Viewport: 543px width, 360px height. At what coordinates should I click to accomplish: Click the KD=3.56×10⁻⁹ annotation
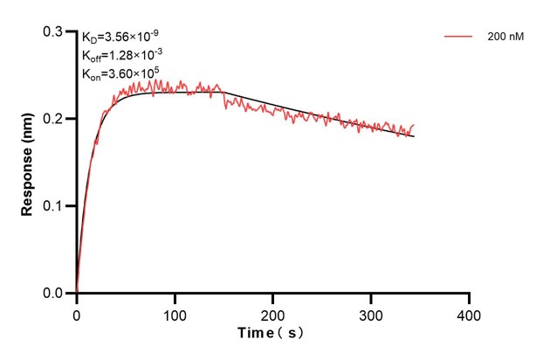120,38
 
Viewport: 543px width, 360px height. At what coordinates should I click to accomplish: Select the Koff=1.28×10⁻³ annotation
121,55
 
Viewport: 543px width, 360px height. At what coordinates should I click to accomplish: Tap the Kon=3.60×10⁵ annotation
120,73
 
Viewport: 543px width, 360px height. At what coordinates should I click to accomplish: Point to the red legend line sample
458,38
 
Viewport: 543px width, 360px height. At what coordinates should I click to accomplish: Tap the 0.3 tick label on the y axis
53,31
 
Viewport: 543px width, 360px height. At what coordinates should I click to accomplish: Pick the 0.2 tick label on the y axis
53,119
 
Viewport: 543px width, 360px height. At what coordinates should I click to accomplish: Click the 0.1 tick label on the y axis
53,206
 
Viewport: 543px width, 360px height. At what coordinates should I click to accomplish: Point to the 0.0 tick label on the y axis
53,294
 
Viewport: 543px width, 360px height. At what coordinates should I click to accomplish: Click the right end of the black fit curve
414,137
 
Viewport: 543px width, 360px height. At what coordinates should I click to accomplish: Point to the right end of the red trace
414,126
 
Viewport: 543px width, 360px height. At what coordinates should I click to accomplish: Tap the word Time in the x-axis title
258,334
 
